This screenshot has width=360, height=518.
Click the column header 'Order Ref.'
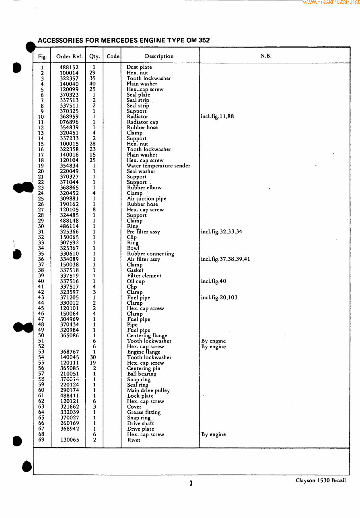(x=69, y=56)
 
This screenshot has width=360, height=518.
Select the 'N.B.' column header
(x=265, y=56)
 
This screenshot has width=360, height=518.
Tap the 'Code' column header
(x=113, y=56)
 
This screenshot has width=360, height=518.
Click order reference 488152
(x=69, y=68)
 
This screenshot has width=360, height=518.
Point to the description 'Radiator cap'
(x=142, y=122)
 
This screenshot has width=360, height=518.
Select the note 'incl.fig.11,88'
(x=217, y=117)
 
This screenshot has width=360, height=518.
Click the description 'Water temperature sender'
(x=158, y=166)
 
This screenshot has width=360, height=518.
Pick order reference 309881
(x=69, y=199)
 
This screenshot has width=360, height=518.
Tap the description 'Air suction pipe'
(x=146, y=199)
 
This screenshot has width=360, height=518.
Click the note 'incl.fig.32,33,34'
(x=221, y=232)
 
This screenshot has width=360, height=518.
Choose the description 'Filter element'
(x=144, y=276)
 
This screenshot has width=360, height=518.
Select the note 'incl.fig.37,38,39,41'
(x=225, y=259)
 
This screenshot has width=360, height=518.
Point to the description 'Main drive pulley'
(x=148, y=390)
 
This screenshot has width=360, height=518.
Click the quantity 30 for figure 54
(x=93, y=357)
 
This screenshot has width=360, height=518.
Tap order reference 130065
(x=70, y=440)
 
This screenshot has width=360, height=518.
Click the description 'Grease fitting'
(x=144, y=412)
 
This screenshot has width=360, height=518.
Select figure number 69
(x=41, y=440)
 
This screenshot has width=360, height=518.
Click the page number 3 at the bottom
(x=191, y=483)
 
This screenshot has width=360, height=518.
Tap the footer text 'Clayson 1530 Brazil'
(x=321, y=481)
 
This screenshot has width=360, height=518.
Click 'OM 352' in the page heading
(x=198, y=40)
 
